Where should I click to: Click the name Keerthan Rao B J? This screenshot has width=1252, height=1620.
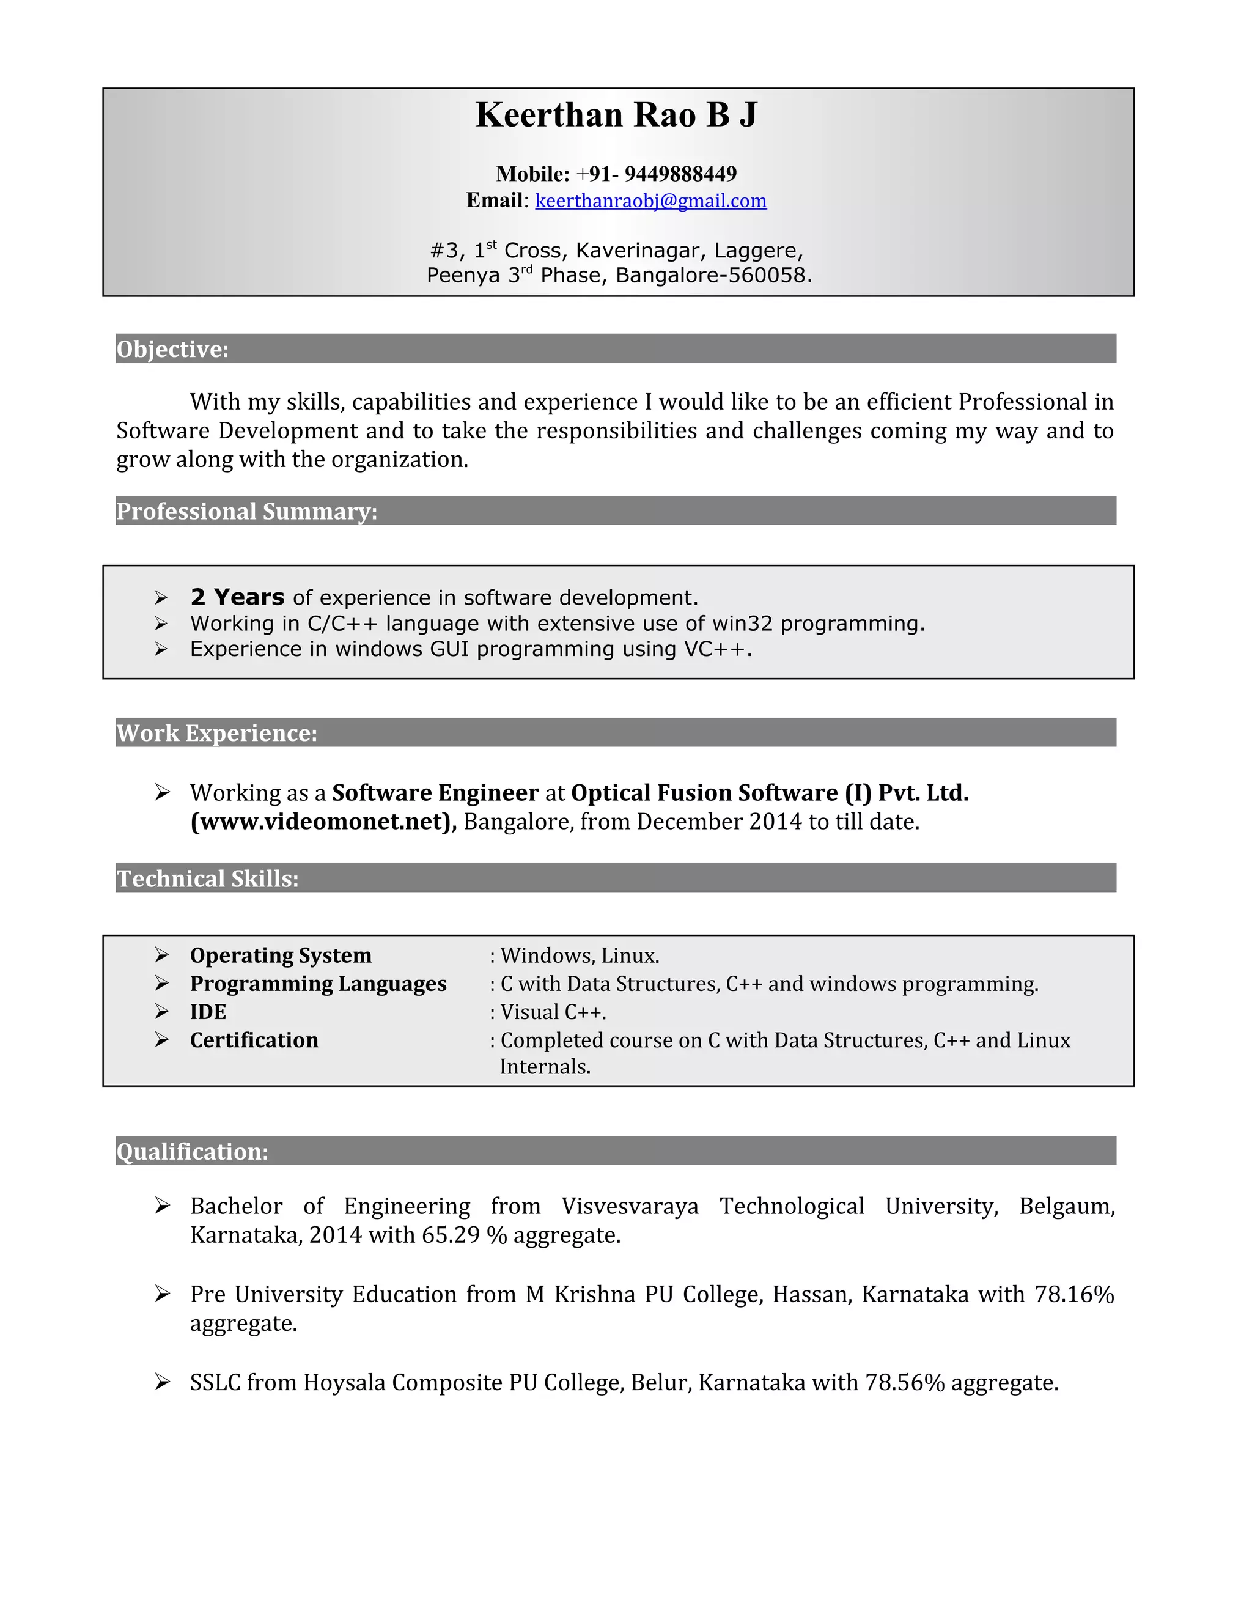pos(616,115)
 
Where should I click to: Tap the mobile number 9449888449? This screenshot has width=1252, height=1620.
pos(680,174)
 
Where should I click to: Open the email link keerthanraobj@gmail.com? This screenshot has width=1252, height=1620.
pos(650,201)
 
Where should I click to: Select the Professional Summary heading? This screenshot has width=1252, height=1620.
pos(247,511)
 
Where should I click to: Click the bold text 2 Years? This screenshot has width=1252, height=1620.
pos(237,597)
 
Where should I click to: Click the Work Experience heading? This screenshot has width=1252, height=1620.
pos(216,733)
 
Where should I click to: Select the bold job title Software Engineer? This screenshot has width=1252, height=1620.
pos(435,793)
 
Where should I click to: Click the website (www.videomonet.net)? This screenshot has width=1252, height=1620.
pos(323,822)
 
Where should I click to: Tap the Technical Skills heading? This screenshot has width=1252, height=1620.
pos(208,878)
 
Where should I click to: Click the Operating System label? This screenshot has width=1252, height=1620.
pos(281,955)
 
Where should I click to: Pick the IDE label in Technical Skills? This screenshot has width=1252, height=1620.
pos(208,1012)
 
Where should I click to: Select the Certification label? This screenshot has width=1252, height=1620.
pos(254,1040)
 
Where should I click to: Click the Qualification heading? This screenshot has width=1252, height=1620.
pos(192,1151)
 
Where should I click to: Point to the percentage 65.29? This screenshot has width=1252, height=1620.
pos(451,1235)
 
